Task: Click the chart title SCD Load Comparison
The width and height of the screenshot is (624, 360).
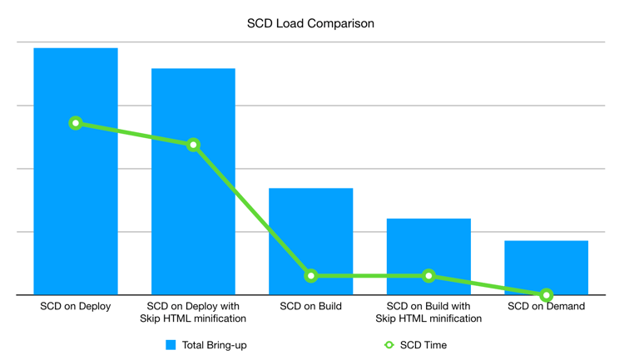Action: (310, 23)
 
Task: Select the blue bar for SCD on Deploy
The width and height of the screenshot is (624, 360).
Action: (76, 208)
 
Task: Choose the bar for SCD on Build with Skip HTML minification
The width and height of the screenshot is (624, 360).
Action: (428, 249)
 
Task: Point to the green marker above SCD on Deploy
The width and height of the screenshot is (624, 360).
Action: (76, 123)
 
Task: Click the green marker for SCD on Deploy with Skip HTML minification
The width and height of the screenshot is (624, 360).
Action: (193, 145)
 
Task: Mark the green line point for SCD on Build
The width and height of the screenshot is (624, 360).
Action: (310, 275)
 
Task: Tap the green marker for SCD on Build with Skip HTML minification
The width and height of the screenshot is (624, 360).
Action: (428, 275)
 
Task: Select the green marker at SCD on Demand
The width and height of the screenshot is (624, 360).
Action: (546, 295)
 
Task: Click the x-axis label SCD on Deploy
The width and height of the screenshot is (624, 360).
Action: (76, 307)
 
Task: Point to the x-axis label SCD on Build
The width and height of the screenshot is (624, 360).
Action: (310, 307)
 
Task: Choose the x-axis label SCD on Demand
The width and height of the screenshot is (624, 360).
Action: (546, 307)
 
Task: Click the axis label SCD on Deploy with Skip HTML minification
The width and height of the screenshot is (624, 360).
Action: (193, 313)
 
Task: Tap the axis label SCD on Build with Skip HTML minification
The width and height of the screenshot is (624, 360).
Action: (428, 313)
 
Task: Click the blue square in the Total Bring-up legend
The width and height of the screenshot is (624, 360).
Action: (171, 345)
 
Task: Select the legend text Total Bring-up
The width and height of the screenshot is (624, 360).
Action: (215, 345)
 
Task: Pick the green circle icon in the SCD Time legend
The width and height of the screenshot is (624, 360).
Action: (389, 345)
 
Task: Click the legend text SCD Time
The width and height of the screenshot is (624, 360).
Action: (423, 345)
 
